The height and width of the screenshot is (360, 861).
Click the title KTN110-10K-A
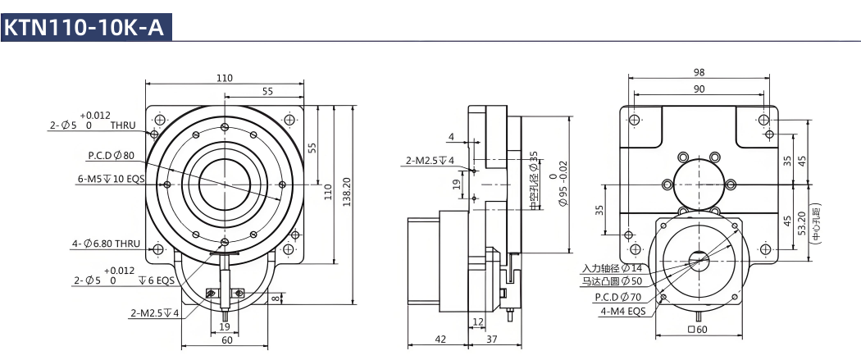click(85, 27)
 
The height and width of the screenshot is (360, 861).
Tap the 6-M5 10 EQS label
click(112, 179)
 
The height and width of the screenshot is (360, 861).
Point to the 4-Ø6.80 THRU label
click(106, 244)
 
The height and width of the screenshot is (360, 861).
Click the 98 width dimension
click(699, 72)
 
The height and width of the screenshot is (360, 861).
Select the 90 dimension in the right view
click(699, 89)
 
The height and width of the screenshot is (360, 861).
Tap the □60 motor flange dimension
click(699, 330)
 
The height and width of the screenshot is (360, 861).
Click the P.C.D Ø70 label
click(619, 298)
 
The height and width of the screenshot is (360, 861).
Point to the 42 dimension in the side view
click(440, 339)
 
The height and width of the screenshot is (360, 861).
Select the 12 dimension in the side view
click(477, 321)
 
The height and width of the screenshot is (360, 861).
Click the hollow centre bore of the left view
click(224, 185)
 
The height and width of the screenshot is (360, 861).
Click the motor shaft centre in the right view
click(699, 259)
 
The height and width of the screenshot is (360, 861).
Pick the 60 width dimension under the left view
click(226, 339)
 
